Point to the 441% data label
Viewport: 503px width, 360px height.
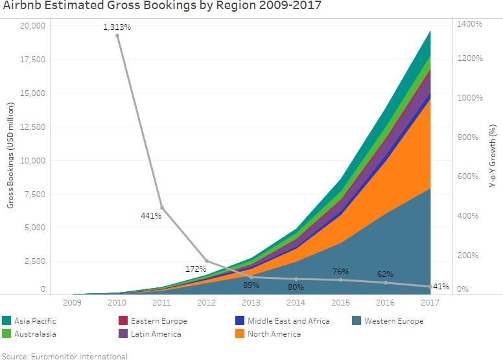tap(150, 215)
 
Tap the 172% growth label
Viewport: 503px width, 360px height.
tap(195, 268)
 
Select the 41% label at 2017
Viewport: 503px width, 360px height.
tap(441, 286)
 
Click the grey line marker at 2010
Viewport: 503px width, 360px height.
tap(117, 36)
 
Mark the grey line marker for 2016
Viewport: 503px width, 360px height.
tap(386, 282)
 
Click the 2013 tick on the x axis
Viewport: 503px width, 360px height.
tap(251, 302)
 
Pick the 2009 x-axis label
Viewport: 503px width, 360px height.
tap(72, 302)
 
